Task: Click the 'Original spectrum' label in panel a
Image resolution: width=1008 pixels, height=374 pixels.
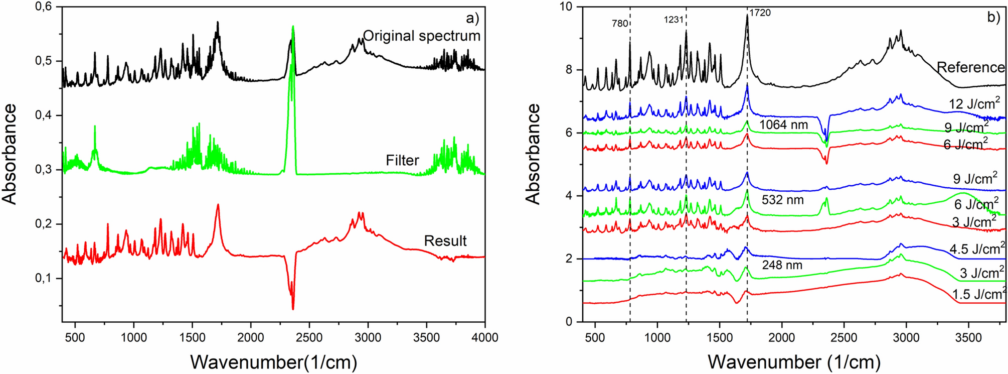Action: [x=421, y=36]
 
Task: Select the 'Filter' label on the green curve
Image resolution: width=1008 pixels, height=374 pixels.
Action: [x=402, y=160]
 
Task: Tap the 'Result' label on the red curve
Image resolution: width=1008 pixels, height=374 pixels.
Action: [x=445, y=241]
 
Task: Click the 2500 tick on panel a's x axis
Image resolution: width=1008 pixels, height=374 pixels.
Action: [x=309, y=337]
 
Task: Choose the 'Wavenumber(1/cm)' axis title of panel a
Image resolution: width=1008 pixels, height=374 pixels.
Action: [x=273, y=361]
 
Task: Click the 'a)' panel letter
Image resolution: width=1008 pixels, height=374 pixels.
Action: [x=472, y=19]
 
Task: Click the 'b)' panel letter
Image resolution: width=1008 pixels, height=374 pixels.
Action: [x=993, y=17]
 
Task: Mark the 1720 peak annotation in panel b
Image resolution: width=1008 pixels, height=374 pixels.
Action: [x=760, y=13]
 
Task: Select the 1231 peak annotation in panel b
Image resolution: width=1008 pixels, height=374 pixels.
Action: [x=674, y=20]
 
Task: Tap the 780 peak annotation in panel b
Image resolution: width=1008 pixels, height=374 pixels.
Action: [x=620, y=23]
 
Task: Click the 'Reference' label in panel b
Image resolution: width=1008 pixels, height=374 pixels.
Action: [x=971, y=67]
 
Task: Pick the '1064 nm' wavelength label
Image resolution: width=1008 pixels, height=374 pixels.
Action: [x=783, y=124]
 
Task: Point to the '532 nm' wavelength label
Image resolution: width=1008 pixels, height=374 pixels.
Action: [x=782, y=200]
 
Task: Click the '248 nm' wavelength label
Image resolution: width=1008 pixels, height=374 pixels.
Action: [x=782, y=265]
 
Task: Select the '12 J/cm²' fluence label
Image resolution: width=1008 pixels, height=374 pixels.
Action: [x=974, y=104]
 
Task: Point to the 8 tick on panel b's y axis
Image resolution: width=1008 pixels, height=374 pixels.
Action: [x=570, y=70]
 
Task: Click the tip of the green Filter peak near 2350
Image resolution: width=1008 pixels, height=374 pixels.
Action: [x=293, y=27]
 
